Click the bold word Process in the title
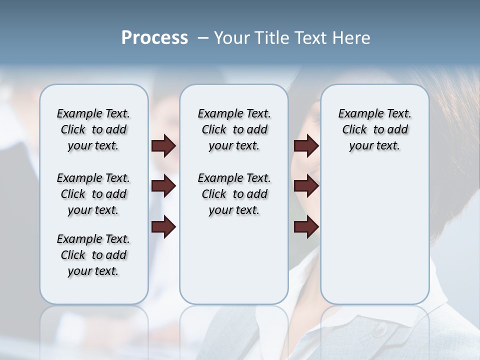click(154, 38)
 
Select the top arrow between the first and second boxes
click(163, 145)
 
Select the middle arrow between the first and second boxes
click(163, 186)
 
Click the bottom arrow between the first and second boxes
click(163, 227)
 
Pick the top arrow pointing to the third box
click(306, 145)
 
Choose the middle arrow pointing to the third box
click(306, 186)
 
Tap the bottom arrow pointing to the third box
click(306, 227)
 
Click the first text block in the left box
click(93, 129)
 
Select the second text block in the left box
click(93, 194)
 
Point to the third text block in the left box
click(93, 255)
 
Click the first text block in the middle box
click(234, 129)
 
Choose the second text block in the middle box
click(234, 194)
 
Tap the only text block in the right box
click(374, 129)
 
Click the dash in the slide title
click(202, 38)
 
